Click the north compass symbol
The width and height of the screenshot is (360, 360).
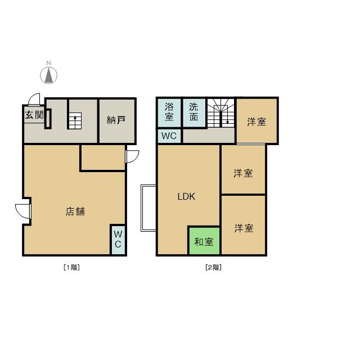(x=49, y=74)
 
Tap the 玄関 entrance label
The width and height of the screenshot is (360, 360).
(x=34, y=115)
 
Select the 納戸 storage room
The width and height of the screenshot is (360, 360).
(x=116, y=120)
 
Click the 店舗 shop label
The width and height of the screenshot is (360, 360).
(x=75, y=211)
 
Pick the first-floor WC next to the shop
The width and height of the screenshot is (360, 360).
(x=118, y=239)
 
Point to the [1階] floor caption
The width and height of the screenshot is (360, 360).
(x=71, y=267)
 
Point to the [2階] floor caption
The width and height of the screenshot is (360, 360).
(x=213, y=267)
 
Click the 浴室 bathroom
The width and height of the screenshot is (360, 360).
(x=169, y=112)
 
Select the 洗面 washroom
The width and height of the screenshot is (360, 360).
(x=193, y=112)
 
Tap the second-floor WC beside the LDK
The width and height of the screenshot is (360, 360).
(x=169, y=136)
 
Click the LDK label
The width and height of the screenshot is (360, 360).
(x=186, y=196)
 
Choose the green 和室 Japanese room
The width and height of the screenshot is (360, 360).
(x=204, y=242)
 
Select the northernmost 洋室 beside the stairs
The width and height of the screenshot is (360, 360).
(x=256, y=121)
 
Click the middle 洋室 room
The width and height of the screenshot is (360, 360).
(x=243, y=173)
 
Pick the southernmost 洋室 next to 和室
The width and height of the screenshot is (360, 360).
(x=244, y=228)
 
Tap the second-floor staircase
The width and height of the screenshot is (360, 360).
(x=220, y=113)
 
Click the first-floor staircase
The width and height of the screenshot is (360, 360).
(x=75, y=120)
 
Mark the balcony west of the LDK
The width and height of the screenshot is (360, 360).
(x=148, y=208)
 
